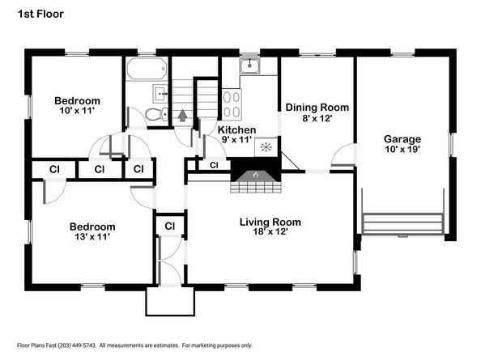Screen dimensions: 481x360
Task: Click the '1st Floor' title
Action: (40, 14)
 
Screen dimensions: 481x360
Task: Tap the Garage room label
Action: (402, 139)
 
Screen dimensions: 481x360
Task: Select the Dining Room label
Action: (317, 108)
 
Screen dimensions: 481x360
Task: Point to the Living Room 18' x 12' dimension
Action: (270, 231)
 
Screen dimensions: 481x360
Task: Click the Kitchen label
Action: (236, 129)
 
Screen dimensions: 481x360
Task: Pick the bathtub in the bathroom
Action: (147, 68)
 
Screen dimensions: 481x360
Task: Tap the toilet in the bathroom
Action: (157, 114)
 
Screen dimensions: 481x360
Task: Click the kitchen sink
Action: (249, 66)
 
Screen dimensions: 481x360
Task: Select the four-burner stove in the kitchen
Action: (232, 104)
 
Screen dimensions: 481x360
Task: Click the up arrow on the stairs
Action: (182, 116)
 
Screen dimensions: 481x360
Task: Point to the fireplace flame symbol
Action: (256, 175)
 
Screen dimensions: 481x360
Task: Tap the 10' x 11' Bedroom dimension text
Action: (77, 111)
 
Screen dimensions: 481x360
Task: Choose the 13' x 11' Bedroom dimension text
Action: (92, 236)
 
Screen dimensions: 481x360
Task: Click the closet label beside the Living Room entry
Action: (169, 226)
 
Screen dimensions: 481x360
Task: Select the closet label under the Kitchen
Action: (214, 166)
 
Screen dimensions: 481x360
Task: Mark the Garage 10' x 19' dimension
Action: (402, 149)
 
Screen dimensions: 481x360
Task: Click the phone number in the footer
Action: (77, 345)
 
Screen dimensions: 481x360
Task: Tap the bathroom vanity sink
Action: (160, 94)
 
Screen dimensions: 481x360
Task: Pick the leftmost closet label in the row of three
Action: (54, 169)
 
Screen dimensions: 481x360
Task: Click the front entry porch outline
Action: (170, 315)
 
